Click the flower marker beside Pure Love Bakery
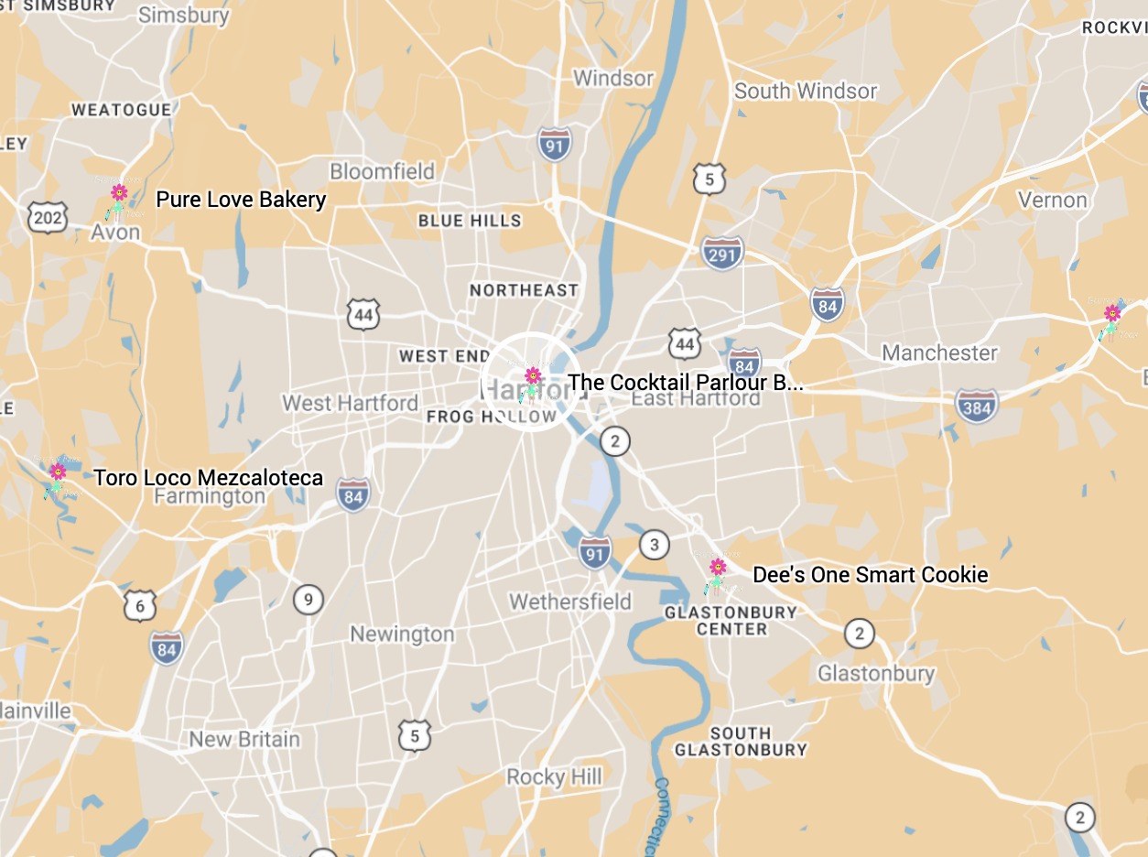[x=119, y=199]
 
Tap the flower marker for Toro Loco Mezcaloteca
[x=58, y=478]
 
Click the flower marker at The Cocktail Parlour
[x=532, y=383]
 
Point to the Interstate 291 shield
[x=722, y=254]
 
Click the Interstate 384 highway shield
[x=976, y=406]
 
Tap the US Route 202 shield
[x=48, y=217]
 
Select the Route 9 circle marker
[x=309, y=600]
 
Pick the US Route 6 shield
[x=139, y=605]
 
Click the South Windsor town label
[x=806, y=91]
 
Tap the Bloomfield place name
[x=382, y=171]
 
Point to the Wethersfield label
[x=570, y=602]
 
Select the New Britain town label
[x=244, y=739]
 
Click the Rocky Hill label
[x=555, y=777]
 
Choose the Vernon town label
[x=1053, y=200]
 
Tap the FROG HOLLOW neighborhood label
[x=492, y=417]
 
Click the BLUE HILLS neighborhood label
[x=470, y=221]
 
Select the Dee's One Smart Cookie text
[x=870, y=575]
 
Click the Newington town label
[x=402, y=634]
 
